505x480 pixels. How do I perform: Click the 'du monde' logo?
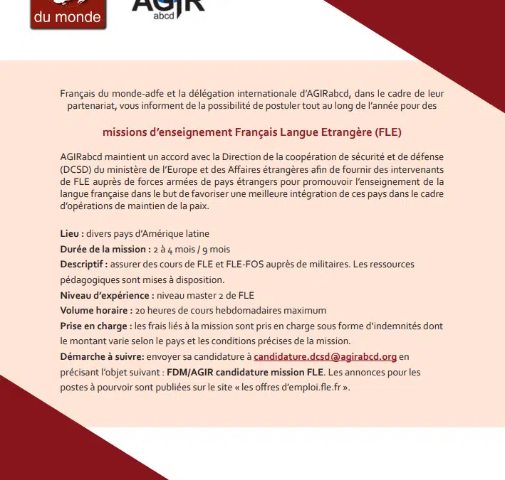click(x=68, y=14)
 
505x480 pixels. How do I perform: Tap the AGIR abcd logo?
click(x=168, y=9)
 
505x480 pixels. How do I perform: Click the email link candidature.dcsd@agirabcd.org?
click(x=326, y=356)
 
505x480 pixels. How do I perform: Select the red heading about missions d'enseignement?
click(x=252, y=132)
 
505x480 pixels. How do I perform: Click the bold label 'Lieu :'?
click(x=73, y=234)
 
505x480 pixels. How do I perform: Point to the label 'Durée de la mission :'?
click(x=105, y=249)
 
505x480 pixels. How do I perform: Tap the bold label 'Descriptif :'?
click(x=84, y=265)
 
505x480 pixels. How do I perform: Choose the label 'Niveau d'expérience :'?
click(x=107, y=295)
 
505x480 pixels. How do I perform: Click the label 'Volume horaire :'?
click(x=96, y=311)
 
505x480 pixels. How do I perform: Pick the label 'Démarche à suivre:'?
click(x=103, y=356)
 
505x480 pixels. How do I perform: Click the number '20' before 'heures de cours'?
click(x=141, y=311)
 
